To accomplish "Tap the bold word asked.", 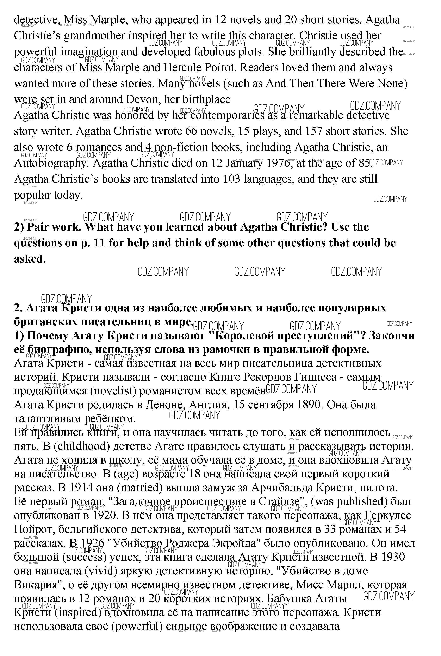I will [x=30, y=259].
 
